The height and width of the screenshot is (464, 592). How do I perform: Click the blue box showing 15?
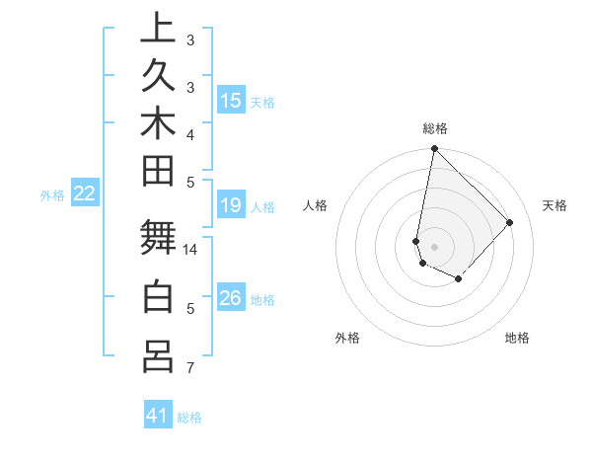[x=230, y=100]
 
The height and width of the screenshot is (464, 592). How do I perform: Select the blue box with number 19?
[x=230, y=205]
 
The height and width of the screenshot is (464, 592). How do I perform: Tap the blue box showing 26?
[x=230, y=298]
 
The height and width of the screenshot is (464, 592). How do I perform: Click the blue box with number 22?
[x=85, y=193]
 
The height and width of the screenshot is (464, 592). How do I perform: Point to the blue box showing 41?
[x=158, y=416]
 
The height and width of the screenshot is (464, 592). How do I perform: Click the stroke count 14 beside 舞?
[x=190, y=250]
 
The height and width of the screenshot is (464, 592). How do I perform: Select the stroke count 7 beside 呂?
[x=190, y=368]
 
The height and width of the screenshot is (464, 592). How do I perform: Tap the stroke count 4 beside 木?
[x=190, y=134]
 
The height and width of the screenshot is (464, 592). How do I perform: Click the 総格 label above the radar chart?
[x=434, y=128]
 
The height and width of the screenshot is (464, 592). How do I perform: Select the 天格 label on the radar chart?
[x=555, y=205]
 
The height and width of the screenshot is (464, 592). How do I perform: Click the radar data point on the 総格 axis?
[x=434, y=149]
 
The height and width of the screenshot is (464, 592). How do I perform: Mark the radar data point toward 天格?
[x=510, y=222]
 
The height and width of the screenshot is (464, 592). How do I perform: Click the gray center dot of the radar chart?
[x=434, y=247]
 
